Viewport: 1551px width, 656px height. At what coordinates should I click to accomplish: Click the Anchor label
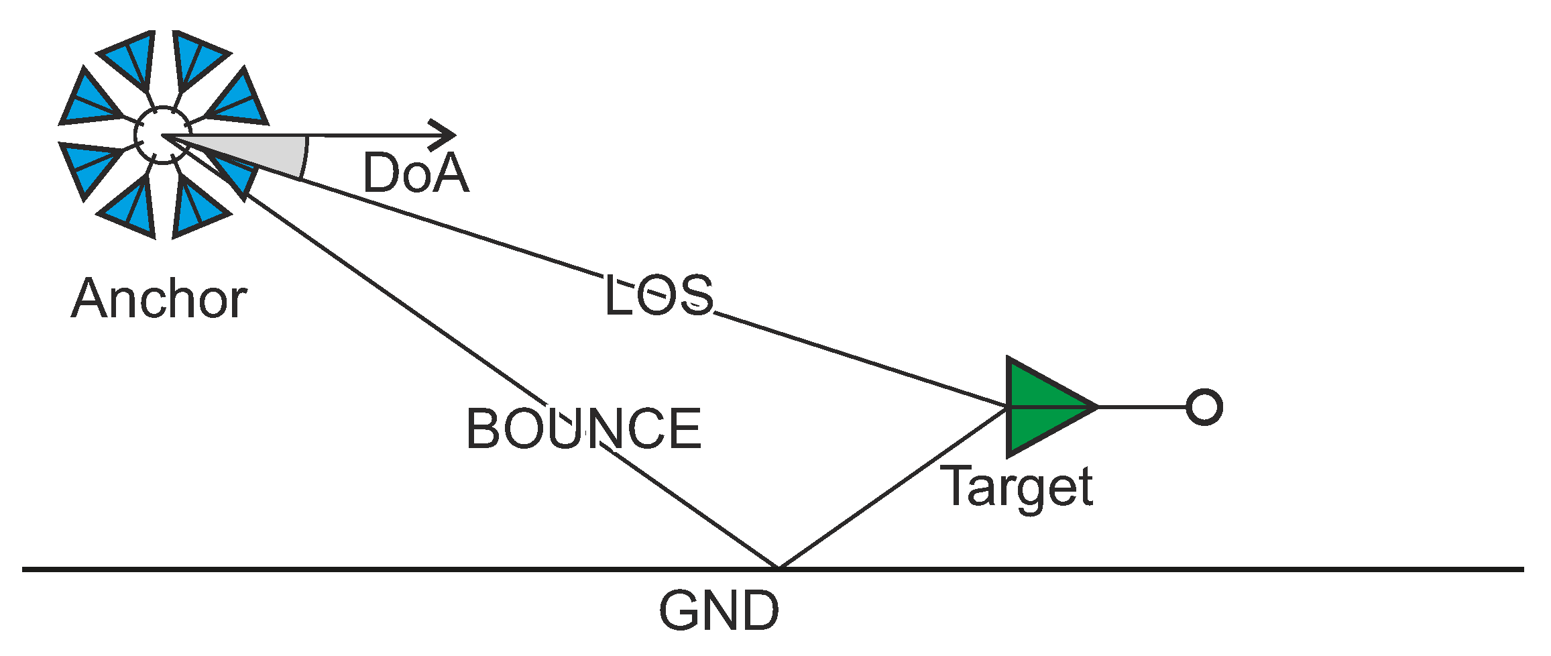coord(159,298)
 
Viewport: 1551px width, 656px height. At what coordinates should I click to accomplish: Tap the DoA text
coord(415,173)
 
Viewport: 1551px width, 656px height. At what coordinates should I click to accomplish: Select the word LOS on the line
coord(658,295)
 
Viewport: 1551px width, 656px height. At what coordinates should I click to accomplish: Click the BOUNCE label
coord(583,429)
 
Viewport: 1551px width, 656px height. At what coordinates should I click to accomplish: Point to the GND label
coord(719,611)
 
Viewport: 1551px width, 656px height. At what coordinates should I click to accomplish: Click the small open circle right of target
coord(1204,407)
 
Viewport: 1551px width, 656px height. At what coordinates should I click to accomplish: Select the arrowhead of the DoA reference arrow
coord(445,135)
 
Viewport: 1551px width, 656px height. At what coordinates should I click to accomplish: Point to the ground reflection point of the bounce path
coord(779,568)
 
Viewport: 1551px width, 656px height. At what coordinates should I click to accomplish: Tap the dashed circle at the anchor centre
coord(162,135)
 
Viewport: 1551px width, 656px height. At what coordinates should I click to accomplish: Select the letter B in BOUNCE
coord(484,429)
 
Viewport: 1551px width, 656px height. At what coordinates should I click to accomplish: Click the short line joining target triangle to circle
coord(1142,407)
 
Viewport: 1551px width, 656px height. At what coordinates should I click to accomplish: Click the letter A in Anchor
coord(91,298)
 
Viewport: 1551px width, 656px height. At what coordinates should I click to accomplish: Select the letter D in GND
coord(759,611)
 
